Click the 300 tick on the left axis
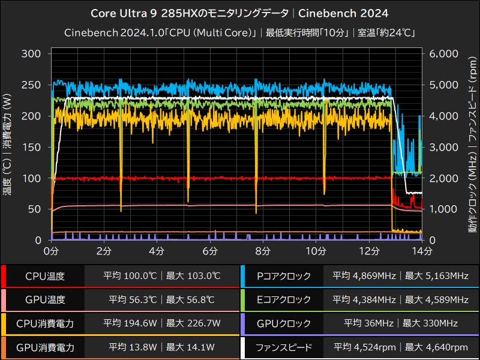click(x=32, y=53)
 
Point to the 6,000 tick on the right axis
click(x=445, y=53)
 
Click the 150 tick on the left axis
click(x=32, y=147)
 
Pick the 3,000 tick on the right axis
click(x=445, y=147)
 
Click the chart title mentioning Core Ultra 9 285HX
click(x=239, y=13)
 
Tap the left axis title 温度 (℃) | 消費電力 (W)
click(x=7, y=147)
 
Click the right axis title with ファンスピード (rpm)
click(x=472, y=147)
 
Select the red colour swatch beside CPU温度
click(x=4, y=276)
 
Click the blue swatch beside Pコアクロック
click(x=242, y=276)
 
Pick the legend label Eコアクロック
click(x=283, y=299)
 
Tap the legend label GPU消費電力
click(x=45, y=347)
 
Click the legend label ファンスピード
click(x=283, y=347)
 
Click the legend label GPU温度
click(x=45, y=299)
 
